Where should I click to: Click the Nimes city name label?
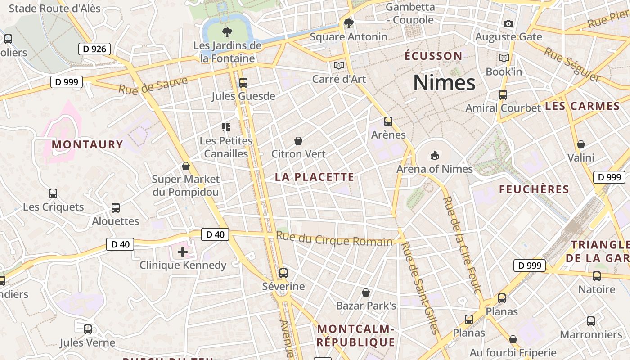tap(444, 83)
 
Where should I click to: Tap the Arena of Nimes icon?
tap(434, 156)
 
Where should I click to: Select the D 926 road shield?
tap(94, 49)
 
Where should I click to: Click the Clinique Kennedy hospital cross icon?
tap(183, 252)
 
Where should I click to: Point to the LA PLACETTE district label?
tap(315, 177)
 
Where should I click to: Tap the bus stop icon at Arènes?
tap(388, 121)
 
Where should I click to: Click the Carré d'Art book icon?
tap(339, 66)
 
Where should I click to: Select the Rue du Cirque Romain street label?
tap(334, 239)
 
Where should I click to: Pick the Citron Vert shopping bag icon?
tap(298, 141)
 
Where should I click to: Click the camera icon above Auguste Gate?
tap(508, 23)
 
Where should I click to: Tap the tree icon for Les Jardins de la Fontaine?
tap(227, 32)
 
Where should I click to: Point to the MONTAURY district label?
tap(87, 144)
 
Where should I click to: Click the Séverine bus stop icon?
tap(283, 273)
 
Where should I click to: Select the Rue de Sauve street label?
tap(153, 85)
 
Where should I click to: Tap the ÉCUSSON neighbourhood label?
tap(433, 56)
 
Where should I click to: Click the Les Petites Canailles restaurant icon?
tap(226, 127)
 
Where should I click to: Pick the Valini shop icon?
tap(581, 145)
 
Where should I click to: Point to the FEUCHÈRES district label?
tap(534, 189)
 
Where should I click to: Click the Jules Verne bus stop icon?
tap(88, 329)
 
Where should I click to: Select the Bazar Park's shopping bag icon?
tap(366, 293)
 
